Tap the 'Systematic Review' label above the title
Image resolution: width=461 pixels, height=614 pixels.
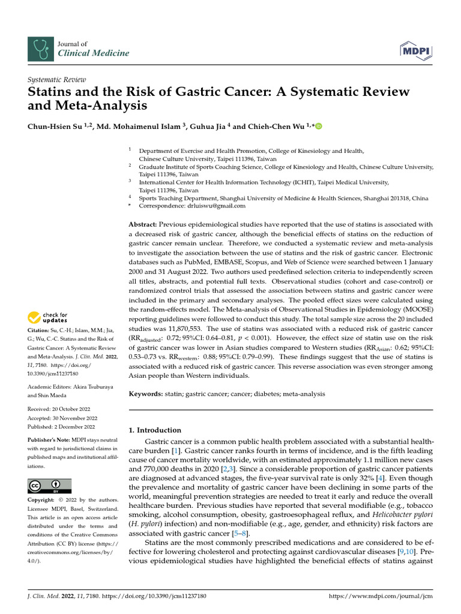58,80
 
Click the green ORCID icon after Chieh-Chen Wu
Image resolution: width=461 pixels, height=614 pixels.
318,126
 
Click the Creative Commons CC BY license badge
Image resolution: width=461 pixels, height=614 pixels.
49,486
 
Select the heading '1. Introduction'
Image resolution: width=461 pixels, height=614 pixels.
155,430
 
